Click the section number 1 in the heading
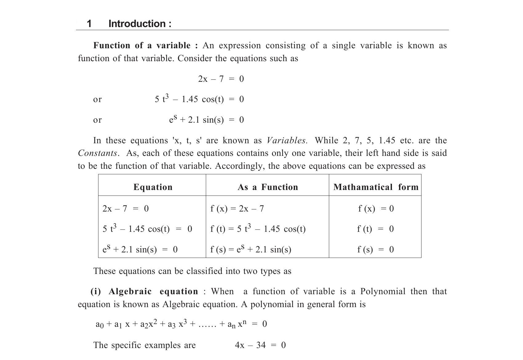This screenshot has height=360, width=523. pyautogui.click(x=89, y=24)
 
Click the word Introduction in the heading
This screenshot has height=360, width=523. pyautogui.click(x=137, y=24)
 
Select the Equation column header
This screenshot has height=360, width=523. pyautogui.click(x=153, y=187)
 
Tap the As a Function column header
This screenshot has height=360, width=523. pyautogui.click(x=268, y=187)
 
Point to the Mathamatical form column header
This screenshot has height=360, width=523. pyautogui.click(x=376, y=187)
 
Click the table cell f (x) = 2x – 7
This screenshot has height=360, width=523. pyautogui.click(x=237, y=209)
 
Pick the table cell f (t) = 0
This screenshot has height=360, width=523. pyautogui.click(x=375, y=229)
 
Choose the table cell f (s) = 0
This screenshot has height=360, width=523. pyautogui.click(x=375, y=249)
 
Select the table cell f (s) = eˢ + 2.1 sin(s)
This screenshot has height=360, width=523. pyautogui.click(x=251, y=249)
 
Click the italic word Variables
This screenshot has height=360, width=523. pyautogui.click(x=286, y=140)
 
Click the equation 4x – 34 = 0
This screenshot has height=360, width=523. pyautogui.click(x=260, y=345)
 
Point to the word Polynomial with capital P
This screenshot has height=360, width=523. pyautogui.click(x=383, y=291)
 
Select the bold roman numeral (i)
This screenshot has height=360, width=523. pyautogui.click(x=96, y=291)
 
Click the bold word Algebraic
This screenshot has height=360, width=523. pyautogui.click(x=130, y=291)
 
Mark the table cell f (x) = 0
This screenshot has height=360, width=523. pyautogui.click(x=376, y=209)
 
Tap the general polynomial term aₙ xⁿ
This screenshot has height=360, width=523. pyautogui.click(x=237, y=324)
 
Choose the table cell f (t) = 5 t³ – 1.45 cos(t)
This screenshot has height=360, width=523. pyautogui.click(x=258, y=229)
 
